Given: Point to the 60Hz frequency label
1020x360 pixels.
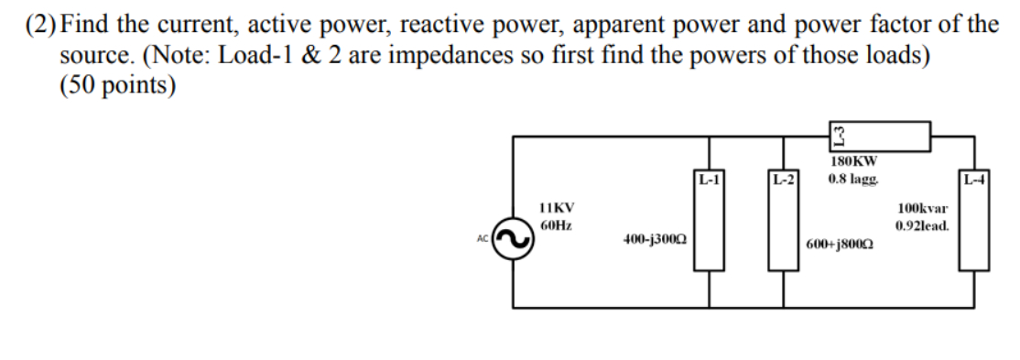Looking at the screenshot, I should [x=557, y=224].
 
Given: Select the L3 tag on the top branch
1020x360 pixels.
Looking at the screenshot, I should [x=838, y=137].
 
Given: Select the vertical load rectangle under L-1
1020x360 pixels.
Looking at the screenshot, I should [x=711, y=229].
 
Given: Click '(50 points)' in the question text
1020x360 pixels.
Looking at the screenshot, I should [x=117, y=85].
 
